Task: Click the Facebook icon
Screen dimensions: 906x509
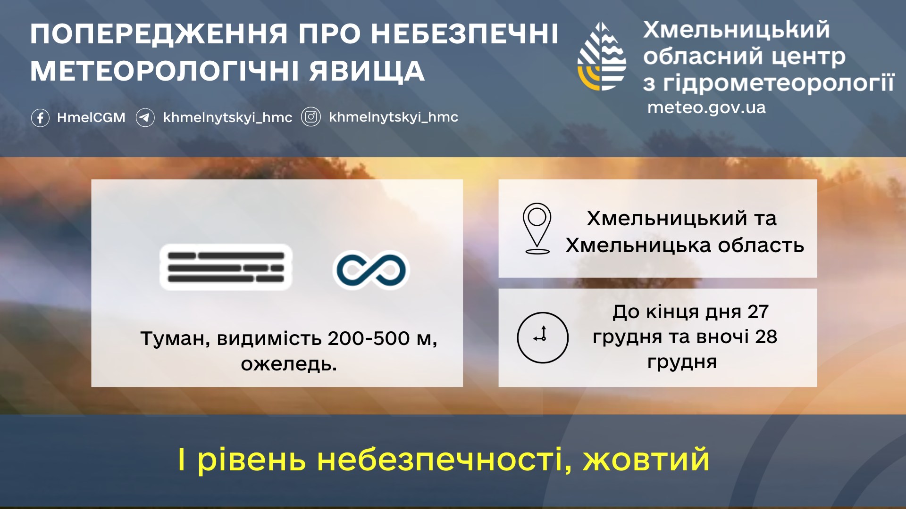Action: tap(40, 117)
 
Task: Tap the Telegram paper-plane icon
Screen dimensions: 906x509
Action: tap(145, 117)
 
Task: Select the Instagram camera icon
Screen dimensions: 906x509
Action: tap(311, 117)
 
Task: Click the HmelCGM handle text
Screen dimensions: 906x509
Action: tap(91, 117)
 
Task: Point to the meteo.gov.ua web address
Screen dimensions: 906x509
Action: tap(706, 107)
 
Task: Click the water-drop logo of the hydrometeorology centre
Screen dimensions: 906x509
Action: tap(602, 56)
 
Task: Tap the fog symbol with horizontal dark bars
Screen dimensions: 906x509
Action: tap(226, 267)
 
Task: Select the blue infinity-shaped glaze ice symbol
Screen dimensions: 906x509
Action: tap(371, 270)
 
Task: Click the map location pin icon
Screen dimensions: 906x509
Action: tap(537, 229)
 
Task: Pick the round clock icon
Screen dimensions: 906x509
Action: tap(543, 337)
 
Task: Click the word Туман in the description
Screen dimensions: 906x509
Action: tap(175, 339)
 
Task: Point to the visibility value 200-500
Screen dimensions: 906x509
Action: tap(369, 338)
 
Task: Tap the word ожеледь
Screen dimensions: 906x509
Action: tap(289, 364)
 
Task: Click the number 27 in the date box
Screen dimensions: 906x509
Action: tap(758, 312)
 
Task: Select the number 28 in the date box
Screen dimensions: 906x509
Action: tap(766, 337)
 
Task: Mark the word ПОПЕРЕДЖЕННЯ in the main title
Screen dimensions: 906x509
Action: tap(159, 34)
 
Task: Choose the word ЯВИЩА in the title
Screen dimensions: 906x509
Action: tap(367, 71)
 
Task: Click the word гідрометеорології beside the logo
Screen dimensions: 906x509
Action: tap(779, 83)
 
